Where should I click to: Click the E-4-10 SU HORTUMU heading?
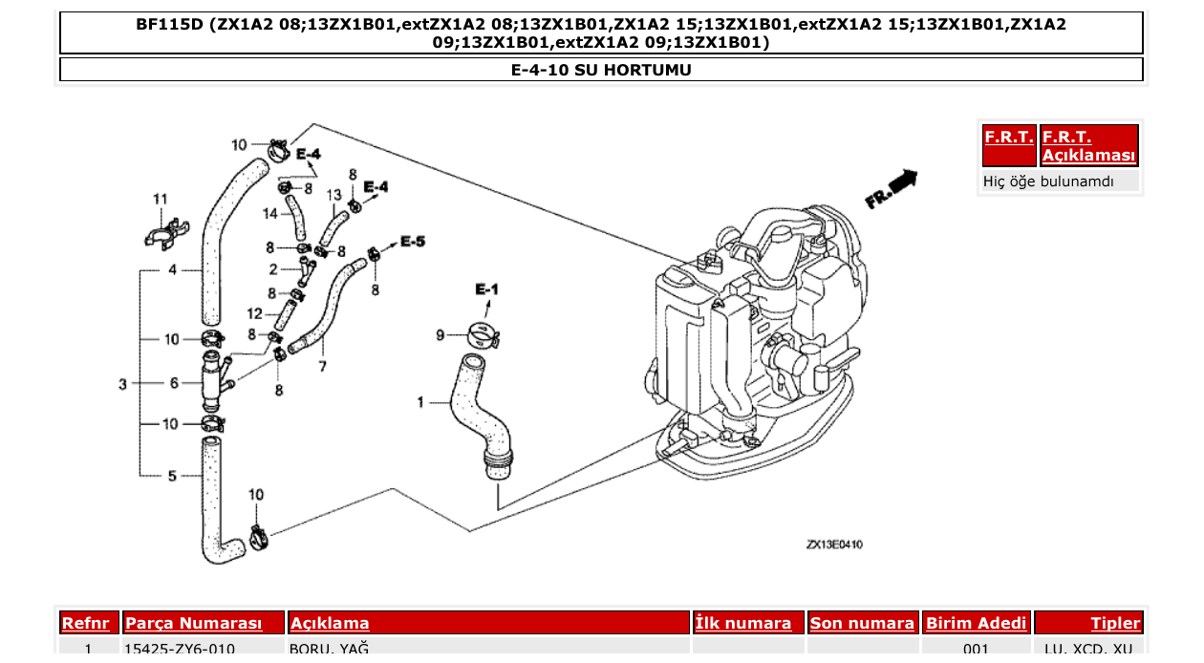pyautogui.click(x=601, y=70)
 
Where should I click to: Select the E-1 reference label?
pyautogui.click(x=486, y=289)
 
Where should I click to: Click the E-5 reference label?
pyautogui.click(x=412, y=241)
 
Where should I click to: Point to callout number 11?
pyautogui.click(x=161, y=199)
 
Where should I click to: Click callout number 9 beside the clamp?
pyautogui.click(x=441, y=334)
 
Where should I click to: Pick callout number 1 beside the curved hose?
pyautogui.click(x=419, y=403)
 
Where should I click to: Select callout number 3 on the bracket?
pyautogui.click(x=122, y=384)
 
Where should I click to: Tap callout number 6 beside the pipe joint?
pyautogui.click(x=173, y=383)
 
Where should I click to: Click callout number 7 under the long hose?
pyautogui.click(x=322, y=365)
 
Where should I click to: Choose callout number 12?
pyautogui.click(x=254, y=313)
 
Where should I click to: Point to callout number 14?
pyautogui.click(x=270, y=213)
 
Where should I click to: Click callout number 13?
pyautogui.click(x=333, y=195)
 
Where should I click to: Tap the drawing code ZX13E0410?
pyautogui.click(x=834, y=545)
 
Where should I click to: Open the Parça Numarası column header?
pyautogui.click(x=194, y=624)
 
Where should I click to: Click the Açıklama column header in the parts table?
pyautogui.click(x=330, y=624)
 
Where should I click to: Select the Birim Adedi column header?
pyautogui.click(x=977, y=624)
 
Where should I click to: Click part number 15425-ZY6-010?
pyautogui.click(x=180, y=650)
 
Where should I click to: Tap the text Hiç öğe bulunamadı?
pyautogui.click(x=1048, y=181)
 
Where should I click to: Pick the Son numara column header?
pyautogui.click(x=862, y=624)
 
